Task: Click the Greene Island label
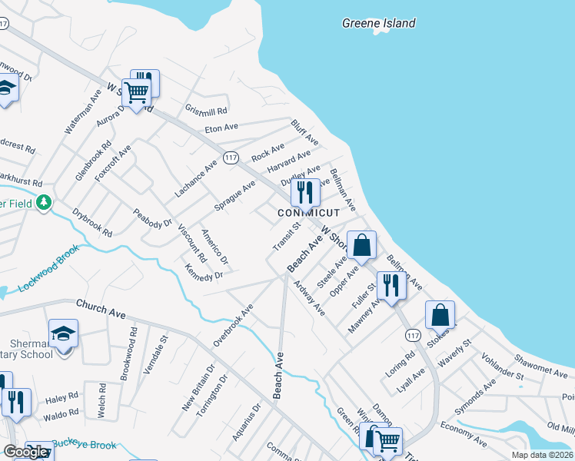click(378, 23)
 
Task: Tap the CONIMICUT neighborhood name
click(308, 212)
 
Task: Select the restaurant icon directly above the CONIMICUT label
click(305, 192)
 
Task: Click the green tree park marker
click(45, 203)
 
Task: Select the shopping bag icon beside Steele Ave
click(362, 245)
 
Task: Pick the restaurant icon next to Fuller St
click(391, 285)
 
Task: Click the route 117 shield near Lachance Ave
click(230, 157)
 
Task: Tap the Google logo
click(25, 452)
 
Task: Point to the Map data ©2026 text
click(542, 455)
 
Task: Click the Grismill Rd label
click(206, 111)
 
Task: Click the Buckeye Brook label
click(77, 446)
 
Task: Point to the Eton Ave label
click(221, 127)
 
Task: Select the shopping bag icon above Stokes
click(440, 315)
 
